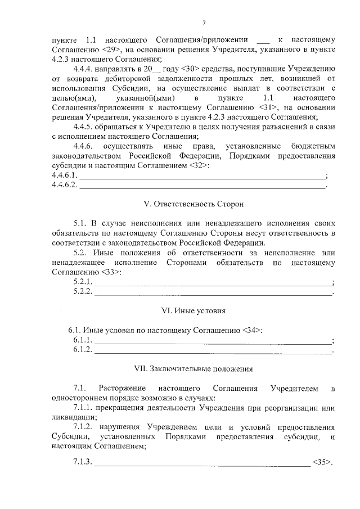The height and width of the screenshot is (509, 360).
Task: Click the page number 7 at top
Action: (x=204, y=22)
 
